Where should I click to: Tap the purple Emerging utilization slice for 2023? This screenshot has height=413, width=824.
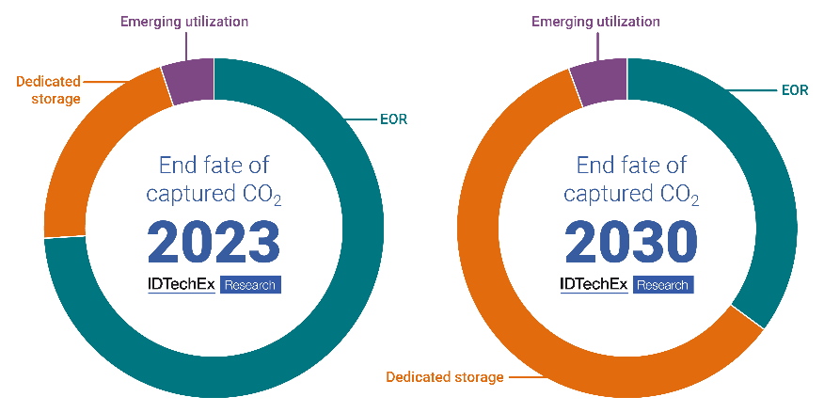(188, 81)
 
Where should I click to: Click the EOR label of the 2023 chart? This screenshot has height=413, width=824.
(395, 119)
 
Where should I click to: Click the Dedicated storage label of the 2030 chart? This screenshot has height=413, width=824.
(445, 377)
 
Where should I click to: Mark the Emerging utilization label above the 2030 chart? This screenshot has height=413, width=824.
(595, 21)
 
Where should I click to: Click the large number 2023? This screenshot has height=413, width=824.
(214, 242)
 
